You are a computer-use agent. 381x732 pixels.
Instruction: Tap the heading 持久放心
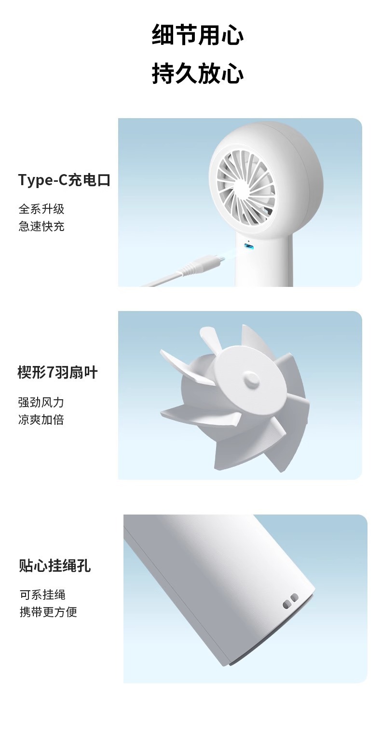198,74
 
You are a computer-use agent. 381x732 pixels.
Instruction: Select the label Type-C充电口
64,180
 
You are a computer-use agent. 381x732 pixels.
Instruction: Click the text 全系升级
41,209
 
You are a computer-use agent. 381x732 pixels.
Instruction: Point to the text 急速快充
41,226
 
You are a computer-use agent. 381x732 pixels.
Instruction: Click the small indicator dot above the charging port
248,241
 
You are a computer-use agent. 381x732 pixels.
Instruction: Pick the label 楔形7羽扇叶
57,373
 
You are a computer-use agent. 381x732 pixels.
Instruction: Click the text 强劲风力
41,402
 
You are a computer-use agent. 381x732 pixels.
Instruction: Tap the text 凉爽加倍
41,420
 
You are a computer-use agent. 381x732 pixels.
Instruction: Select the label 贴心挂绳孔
54,566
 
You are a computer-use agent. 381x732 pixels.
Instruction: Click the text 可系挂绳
42,595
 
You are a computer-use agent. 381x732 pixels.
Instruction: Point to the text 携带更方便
48,612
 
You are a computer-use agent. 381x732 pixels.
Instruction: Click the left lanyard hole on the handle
286,603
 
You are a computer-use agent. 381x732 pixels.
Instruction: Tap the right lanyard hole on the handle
294,598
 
